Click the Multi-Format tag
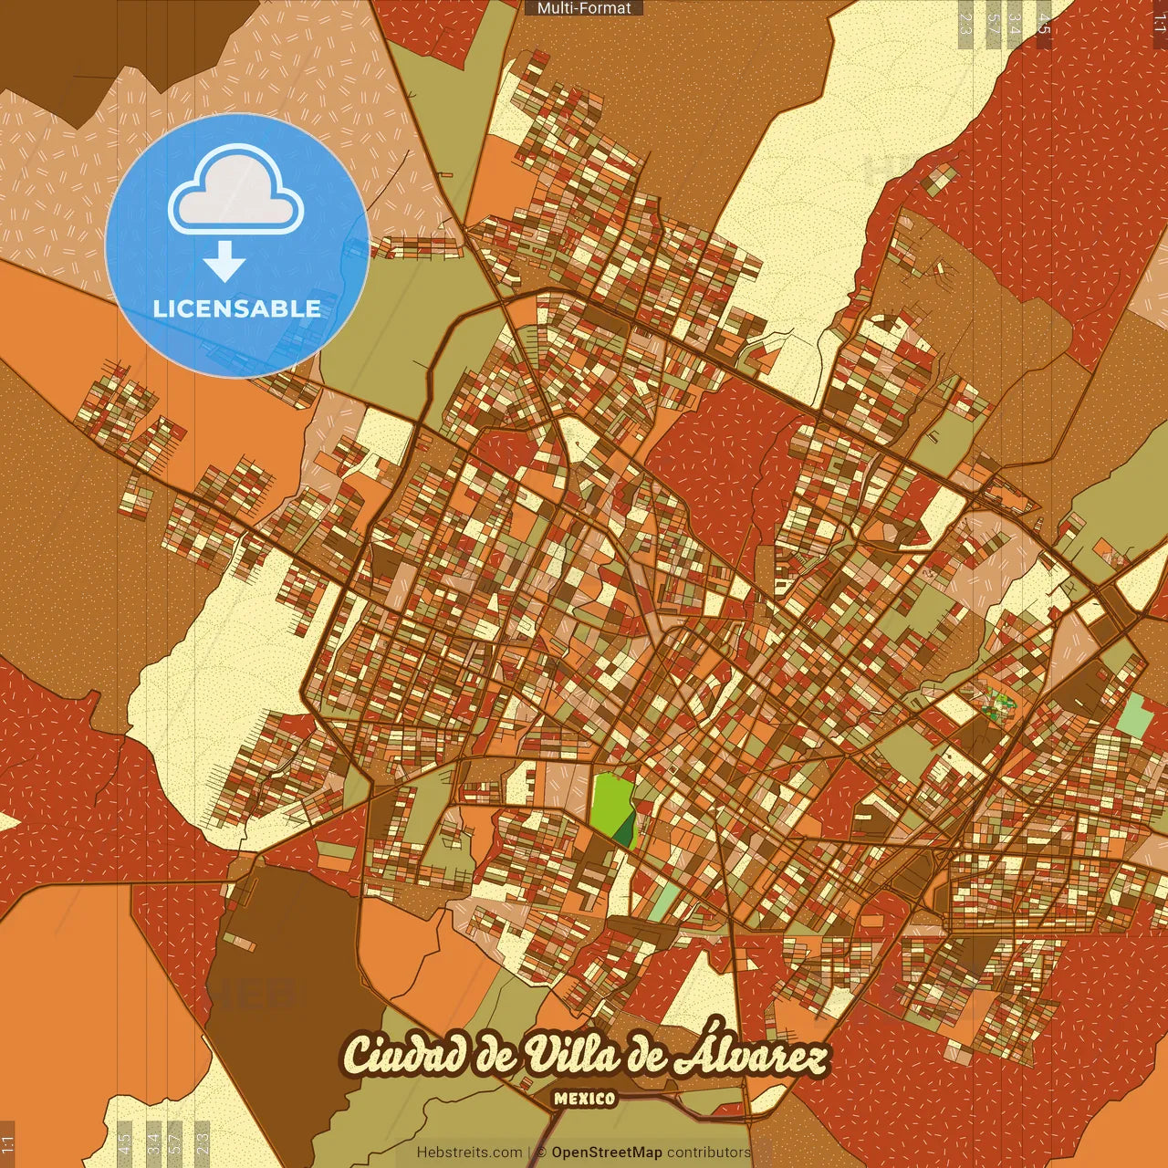point(584,8)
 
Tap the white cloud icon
point(236,193)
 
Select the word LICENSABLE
point(237,308)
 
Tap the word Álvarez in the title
point(750,1056)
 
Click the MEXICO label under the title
point(584,1099)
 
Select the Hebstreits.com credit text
point(469,1152)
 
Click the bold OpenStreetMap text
point(607,1152)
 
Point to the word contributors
point(709,1152)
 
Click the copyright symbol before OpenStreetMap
point(541,1152)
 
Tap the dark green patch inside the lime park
point(625,829)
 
